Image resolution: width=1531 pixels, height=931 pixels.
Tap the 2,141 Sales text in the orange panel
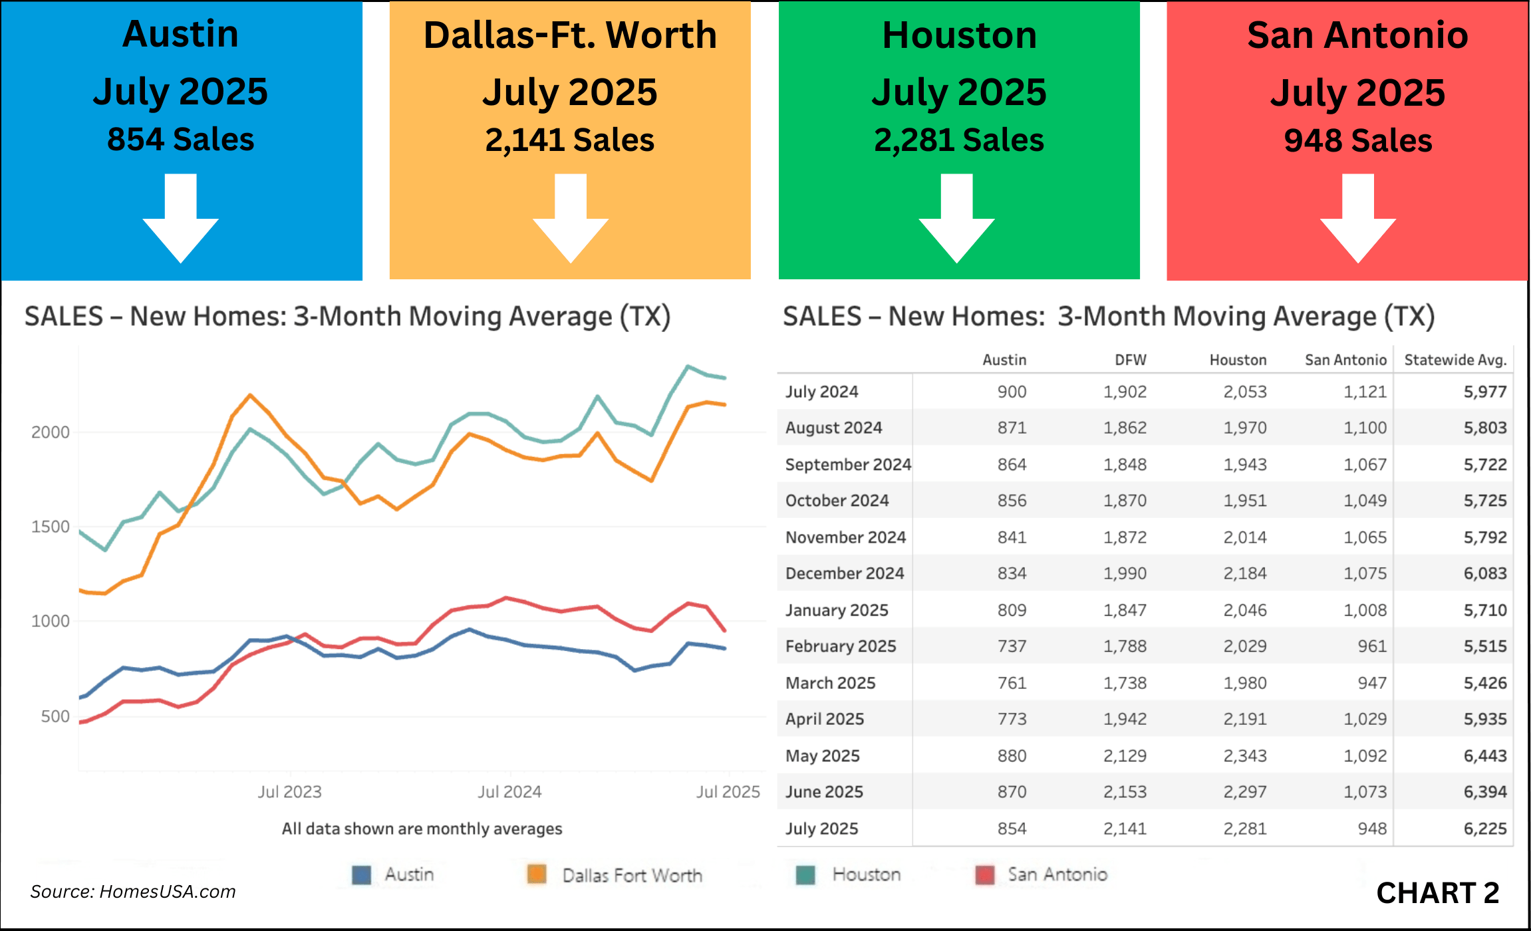569,140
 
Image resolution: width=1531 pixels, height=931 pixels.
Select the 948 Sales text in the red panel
1357,141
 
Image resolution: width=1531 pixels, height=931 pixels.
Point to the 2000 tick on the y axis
51,432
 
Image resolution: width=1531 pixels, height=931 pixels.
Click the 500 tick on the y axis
55,716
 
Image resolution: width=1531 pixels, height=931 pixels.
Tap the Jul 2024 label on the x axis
509,791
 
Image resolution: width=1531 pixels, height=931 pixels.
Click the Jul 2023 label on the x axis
289,791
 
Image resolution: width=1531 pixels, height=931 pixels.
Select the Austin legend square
361,874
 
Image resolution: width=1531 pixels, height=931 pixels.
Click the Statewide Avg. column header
1455,360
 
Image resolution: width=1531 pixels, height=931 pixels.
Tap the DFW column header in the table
1130,360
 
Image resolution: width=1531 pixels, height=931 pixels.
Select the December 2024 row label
845,573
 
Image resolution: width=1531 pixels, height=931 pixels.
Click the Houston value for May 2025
1245,755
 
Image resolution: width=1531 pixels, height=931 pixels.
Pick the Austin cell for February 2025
1012,646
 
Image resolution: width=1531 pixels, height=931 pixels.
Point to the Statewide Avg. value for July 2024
1484,392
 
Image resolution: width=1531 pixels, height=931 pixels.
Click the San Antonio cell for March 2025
1371,683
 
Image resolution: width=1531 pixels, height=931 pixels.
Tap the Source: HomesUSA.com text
133,891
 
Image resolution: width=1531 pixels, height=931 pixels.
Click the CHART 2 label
1437,892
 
